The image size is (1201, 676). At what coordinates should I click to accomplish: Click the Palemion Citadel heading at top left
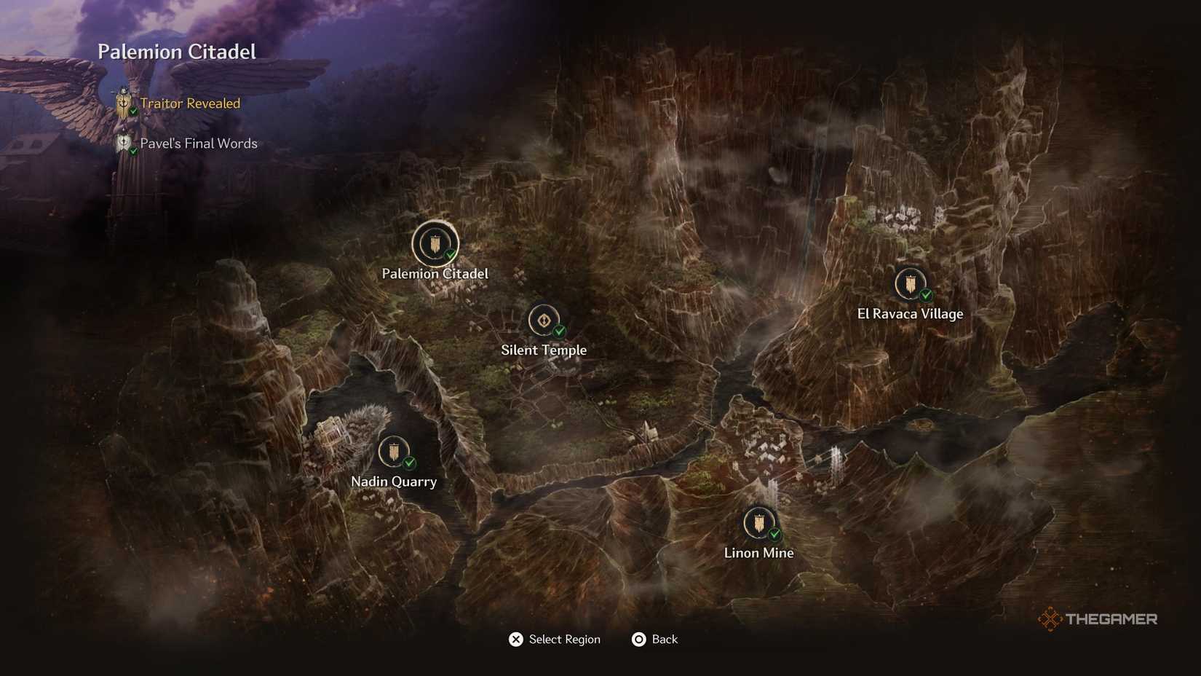point(177,52)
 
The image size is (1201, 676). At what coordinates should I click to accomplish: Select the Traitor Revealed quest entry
point(190,103)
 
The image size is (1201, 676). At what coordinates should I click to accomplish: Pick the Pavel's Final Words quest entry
point(199,144)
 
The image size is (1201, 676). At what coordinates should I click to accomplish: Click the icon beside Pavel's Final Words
point(124,144)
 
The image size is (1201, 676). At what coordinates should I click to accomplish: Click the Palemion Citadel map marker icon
point(435,244)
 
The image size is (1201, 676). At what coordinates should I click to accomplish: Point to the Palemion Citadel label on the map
point(435,274)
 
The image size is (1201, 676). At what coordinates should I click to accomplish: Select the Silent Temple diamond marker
point(543,321)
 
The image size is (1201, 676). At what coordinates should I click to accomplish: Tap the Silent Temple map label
point(544,350)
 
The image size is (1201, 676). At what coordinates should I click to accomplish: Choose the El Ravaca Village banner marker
point(909,284)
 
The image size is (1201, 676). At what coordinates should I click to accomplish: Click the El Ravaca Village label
point(910,314)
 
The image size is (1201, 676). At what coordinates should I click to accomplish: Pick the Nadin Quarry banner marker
point(393,452)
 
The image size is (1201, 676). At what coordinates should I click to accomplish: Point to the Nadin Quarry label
point(394,482)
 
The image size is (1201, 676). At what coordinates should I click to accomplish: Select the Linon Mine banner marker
point(758,523)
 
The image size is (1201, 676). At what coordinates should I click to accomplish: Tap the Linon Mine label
point(758,553)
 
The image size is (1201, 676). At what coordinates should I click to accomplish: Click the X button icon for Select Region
point(515,640)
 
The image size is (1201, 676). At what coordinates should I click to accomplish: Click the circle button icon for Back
point(638,640)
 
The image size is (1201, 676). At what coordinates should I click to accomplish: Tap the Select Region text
point(565,640)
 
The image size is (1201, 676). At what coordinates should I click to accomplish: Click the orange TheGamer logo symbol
point(1050,619)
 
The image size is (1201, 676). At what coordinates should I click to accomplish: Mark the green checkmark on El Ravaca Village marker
point(926,295)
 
